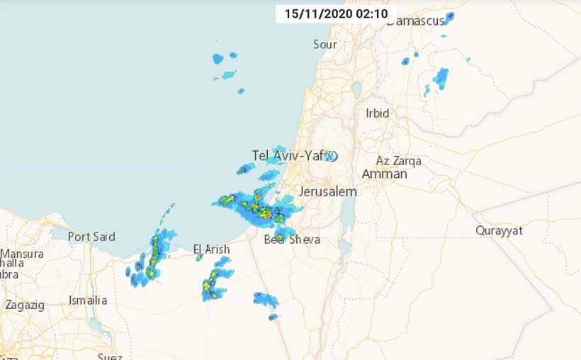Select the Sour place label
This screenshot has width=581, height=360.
pos(325,44)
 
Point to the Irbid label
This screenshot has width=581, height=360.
pos(378,113)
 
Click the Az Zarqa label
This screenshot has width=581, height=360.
pos(399,161)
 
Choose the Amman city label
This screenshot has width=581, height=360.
pos(385,174)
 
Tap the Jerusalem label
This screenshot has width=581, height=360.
pos(328,192)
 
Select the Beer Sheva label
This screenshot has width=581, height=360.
pos(292,240)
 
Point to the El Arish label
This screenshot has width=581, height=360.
pos(211,249)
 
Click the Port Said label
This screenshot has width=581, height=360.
pos(91,237)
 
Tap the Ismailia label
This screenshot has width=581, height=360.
pos(88,300)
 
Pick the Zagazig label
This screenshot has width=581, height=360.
pos(25,305)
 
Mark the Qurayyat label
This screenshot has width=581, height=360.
pos(499,231)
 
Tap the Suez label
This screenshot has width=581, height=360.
pos(110,356)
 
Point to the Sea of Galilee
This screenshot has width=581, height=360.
pos(356,90)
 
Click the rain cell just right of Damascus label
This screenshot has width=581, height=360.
pos(449,17)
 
